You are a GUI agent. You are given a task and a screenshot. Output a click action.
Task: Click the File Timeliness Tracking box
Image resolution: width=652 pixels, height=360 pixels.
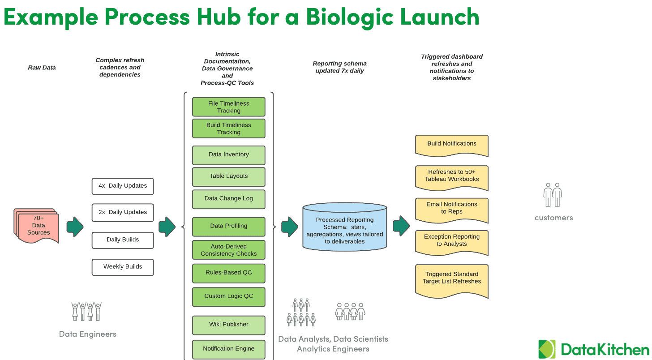(228, 107)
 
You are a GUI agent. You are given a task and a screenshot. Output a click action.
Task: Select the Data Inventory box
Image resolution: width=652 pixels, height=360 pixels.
(228, 155)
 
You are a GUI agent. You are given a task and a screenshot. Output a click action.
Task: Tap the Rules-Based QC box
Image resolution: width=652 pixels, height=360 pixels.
(228, 273)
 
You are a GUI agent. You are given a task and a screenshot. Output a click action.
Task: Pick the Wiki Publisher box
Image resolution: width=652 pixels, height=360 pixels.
(228, 325)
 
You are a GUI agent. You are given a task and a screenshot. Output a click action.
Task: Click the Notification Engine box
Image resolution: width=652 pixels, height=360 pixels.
(228, 349)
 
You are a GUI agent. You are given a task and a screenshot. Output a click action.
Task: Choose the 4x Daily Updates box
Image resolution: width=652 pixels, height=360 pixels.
(123, 186)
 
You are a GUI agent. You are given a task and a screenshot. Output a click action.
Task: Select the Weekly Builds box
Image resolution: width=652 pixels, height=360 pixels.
(123, 267)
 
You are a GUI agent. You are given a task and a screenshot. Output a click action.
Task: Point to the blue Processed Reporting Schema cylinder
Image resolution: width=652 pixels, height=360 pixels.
(344, 227)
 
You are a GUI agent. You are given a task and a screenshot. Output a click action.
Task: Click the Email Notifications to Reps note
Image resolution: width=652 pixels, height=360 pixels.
(451, 209)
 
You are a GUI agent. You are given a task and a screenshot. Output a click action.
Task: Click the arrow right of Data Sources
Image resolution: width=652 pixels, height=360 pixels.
(75, 227)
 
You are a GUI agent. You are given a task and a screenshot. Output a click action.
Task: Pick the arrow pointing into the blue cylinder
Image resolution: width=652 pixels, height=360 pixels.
(289, 227)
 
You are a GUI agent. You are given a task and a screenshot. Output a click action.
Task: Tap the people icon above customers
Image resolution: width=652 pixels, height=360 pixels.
(553, 195)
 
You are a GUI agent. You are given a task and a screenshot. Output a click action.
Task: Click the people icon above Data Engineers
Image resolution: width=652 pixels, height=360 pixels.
(86, 312)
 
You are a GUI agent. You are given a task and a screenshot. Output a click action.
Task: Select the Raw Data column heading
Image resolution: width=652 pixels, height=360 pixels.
(42, 68)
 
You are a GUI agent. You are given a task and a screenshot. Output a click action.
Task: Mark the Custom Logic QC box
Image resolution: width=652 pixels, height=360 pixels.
(228, 296)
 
